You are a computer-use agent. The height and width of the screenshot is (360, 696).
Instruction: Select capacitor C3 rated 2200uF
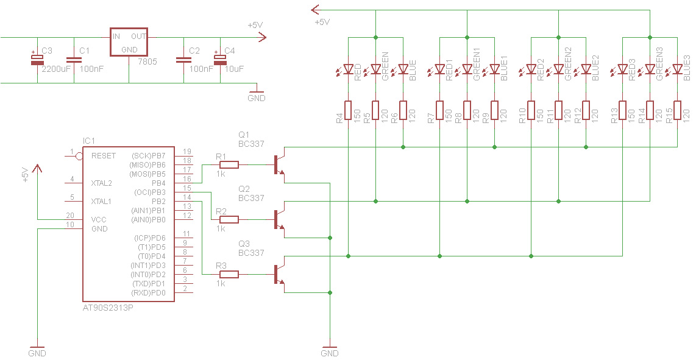(x=37, y=59)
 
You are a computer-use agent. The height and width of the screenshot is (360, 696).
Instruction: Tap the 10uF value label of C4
(x=234, y=69)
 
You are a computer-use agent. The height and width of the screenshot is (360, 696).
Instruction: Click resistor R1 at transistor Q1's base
(x=229, y=164)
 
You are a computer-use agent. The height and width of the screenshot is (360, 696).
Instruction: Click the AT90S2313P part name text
(x=108, y=308)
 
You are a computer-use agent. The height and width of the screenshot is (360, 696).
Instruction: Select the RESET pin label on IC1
(x=104, y=156)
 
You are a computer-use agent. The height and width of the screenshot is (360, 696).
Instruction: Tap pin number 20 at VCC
(x=70, y=216)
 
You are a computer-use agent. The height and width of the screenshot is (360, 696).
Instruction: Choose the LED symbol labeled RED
(x=348, y=70)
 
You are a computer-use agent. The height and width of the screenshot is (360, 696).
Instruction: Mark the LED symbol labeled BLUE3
(x=677, y=70)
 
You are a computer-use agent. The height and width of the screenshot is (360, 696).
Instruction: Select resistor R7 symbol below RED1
(x=439, y=110)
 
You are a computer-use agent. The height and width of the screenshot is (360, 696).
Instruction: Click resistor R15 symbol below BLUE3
(x=677, y=110)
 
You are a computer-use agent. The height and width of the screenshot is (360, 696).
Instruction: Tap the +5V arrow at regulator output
(x=261, y=37)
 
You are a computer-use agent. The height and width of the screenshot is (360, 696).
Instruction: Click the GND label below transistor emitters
(x=329, y=353)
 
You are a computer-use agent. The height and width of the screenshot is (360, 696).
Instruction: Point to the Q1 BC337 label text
(x=251, y=139)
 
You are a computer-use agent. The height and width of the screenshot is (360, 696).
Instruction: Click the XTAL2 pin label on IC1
(x=101, y=183)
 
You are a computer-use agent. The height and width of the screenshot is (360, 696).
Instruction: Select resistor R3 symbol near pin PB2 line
(x=229, y=274)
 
